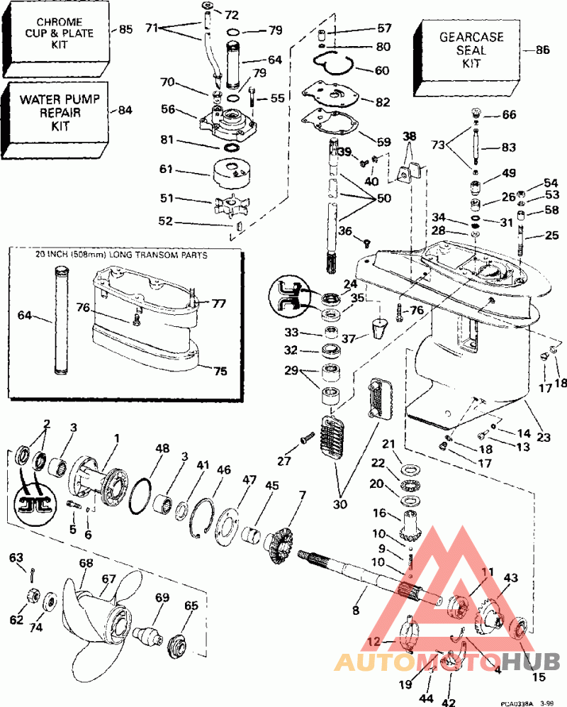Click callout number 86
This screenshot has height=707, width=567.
coord(543,50)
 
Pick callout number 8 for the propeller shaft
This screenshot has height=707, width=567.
coord(356,608)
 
